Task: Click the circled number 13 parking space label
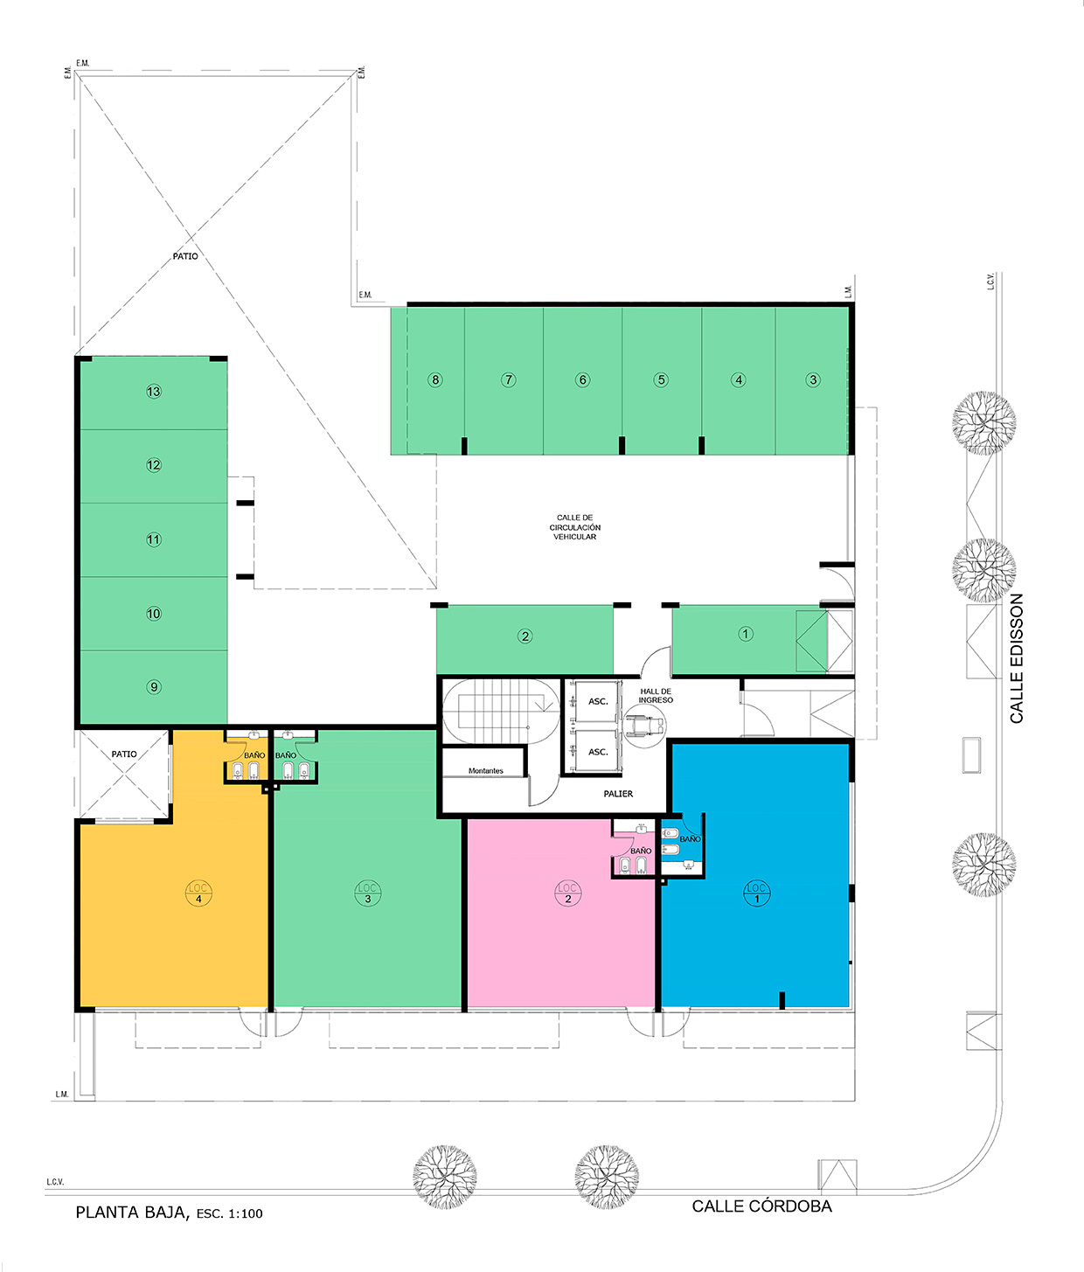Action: click(x=154, y=392)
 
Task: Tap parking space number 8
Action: click(x=435, y=379)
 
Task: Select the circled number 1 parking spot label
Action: click(x=746, y=634)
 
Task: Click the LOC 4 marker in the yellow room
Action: click(x=198, y=893)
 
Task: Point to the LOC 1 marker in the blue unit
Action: click(x=756, y=893)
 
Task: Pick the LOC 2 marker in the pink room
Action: click(x=567, y=893)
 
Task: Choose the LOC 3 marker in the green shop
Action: click(x=368, y=893)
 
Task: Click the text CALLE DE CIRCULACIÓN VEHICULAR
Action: click(x=575, y=527)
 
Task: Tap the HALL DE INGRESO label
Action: click(x=656, y=695)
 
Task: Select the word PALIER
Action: click(x=618, y=794)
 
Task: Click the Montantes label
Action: click(x=486, y=770)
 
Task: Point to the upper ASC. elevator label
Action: click(x=598, y=701)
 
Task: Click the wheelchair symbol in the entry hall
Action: click(x=645, y=726)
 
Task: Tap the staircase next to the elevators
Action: click(x=500, y=712)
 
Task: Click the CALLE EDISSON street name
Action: click(x=1017, y=658)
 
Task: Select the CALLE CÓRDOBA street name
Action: click(x=761, y=1206)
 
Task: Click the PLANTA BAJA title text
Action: click(x=132, y=1213)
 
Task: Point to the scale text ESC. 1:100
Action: click(x=229, y=1213)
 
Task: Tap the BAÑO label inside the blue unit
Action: click(x=691, y=838)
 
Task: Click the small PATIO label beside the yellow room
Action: click(x=124, y=754)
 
